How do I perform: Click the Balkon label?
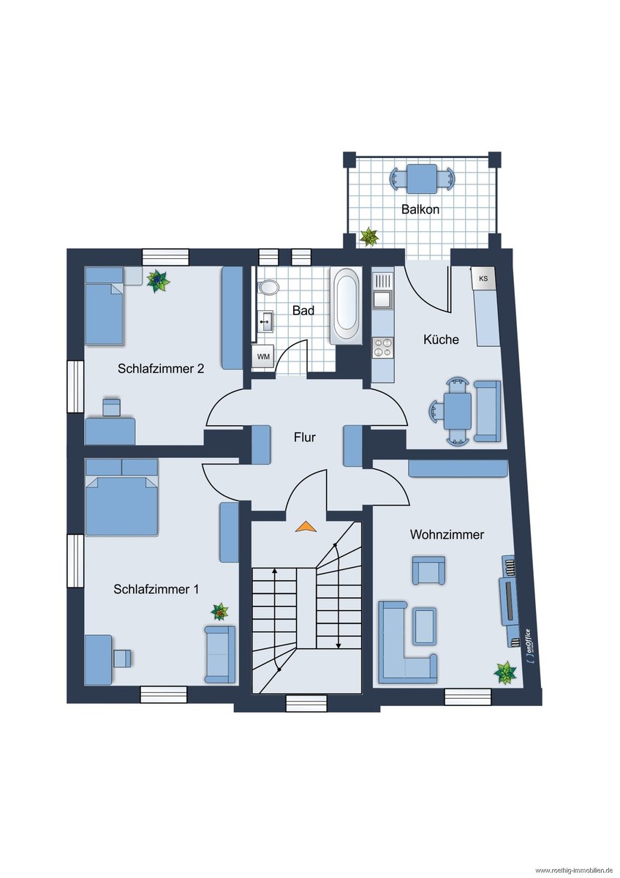(420, 209)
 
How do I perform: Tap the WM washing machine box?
(263, 357)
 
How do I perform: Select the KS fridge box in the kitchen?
(483, 279)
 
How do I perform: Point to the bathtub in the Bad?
(347, 306)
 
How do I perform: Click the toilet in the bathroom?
(268, 288)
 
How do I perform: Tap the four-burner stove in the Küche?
(382, 348)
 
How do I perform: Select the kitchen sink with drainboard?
(382, 290)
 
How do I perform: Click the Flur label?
(304, 437)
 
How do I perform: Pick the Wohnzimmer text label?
(447, 534)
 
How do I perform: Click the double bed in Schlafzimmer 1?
(122, 497)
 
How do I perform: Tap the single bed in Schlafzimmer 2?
(105, 306)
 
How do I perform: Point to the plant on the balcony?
(369, 236)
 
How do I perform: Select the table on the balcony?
(422, 179)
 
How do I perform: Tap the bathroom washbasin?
(266, 321)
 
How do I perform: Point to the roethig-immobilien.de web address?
(575, 871)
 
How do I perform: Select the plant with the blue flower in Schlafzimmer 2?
(158, 280)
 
